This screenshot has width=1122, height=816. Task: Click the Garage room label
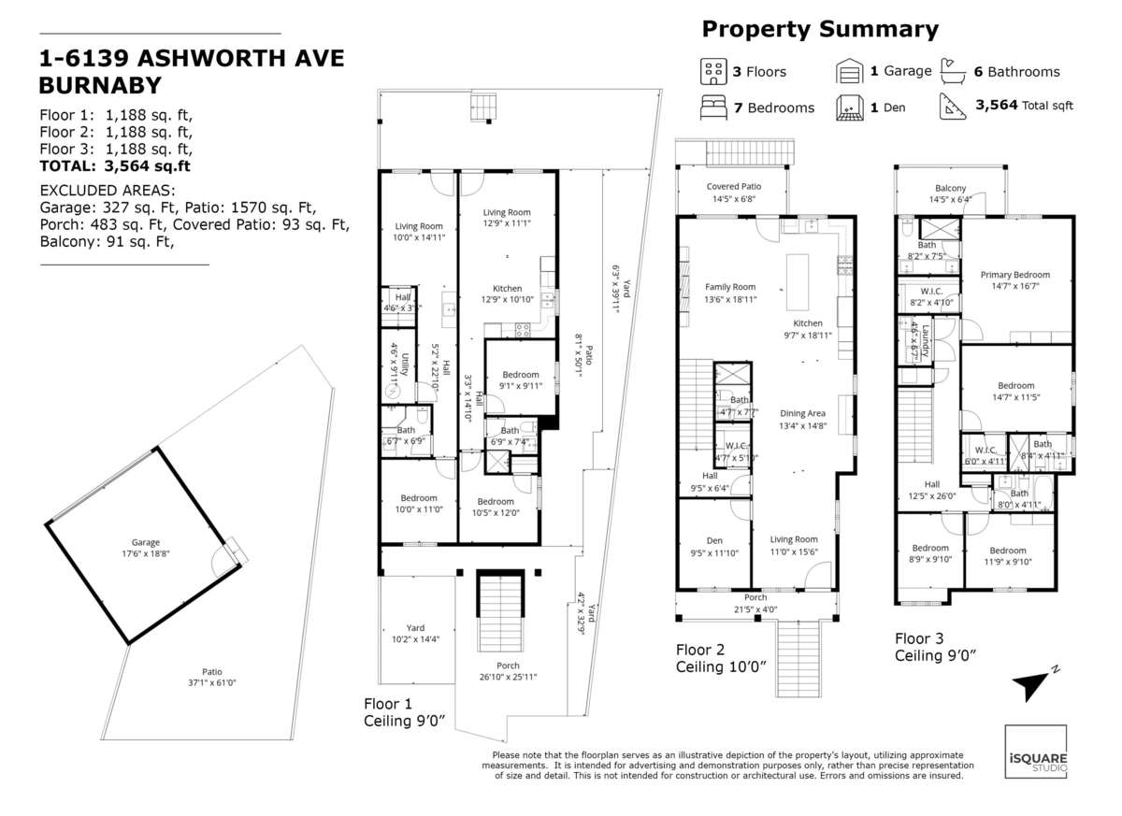click(x=145, y=548)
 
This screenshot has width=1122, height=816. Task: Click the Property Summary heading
click(x=820, y=30)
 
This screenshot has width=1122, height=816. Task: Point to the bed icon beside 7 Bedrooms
click(x=713, y=107)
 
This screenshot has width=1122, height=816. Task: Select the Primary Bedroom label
click(x=1015, y=280)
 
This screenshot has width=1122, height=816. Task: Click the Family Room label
click(x=730, y=293)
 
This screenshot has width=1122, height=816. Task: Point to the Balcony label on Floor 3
click(x=950, y=193)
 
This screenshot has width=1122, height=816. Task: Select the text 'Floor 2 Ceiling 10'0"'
click(x=721, y=657)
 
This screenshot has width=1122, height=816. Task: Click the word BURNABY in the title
click(x=98, y=85)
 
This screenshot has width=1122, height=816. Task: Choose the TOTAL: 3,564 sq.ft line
click(x=116, y=166)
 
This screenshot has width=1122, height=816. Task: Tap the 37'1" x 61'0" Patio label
click(x=212, y=677)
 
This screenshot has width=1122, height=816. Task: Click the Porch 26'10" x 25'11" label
click(x=509, y=671)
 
